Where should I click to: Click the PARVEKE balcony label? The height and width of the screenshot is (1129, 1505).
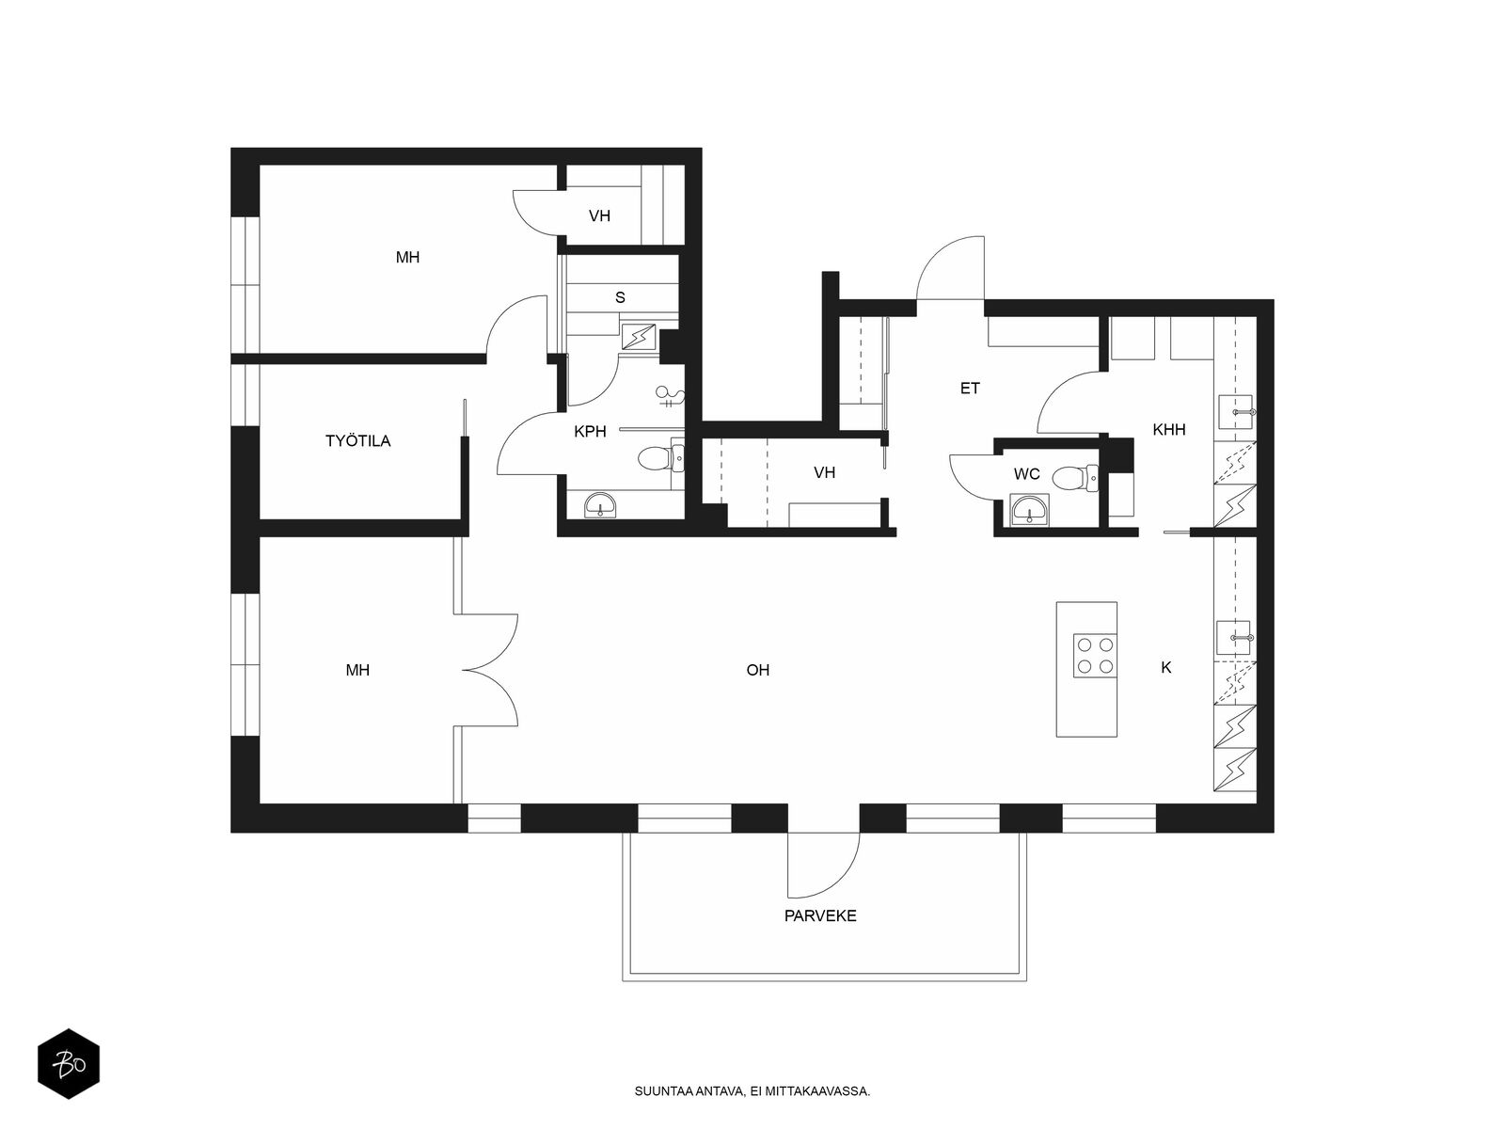[820, 915]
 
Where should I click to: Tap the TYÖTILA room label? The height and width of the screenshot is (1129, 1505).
[358, 440]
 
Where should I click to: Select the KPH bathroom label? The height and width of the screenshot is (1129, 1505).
[590, 432]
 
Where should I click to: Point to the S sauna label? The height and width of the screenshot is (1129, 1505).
[620, 297]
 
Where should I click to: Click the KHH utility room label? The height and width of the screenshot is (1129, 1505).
[1169, 430]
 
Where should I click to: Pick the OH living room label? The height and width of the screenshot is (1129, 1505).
[757, 670]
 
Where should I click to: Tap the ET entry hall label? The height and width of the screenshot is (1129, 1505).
[970, 389]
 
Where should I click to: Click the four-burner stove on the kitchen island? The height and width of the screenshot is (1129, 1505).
[1095, 656]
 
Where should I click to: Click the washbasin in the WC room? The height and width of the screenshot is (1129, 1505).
[1030, 510]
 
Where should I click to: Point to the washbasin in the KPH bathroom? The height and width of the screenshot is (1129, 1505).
[601, 506]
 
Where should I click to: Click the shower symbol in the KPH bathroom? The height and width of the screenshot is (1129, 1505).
[670, 396]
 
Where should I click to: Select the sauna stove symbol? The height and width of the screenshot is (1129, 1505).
[639, 337]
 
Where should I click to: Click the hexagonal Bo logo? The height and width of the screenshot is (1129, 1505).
[69, 1064]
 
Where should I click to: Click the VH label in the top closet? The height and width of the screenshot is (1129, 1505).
[599, 216]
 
